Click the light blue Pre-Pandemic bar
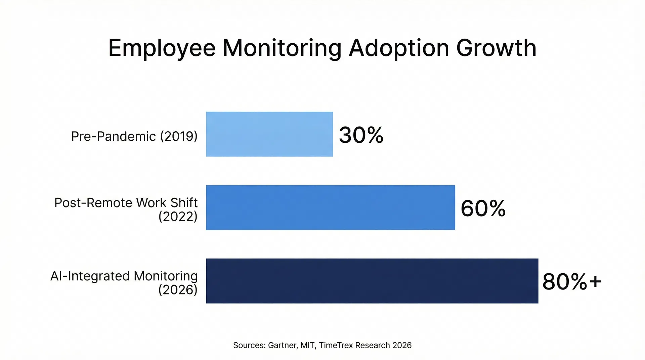pos(269,134)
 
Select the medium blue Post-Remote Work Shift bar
pos(330,208)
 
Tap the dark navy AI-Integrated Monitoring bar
pos(372,281)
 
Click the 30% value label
pos(361,135)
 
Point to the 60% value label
pos(483,208)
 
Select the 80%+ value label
pos(571,281)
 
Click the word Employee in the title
pos(162,48)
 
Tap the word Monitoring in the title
pos(282,48)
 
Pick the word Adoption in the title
pos(399,48)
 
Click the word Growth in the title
pos(496,48)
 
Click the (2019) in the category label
pos(179,136)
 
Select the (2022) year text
pos(178,217)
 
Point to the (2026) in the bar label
pos(178,290)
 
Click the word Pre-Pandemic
pos(114,136)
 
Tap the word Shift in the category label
pos(184,203)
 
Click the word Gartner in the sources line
pos(283,345)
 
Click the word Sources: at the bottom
pos(249,345)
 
